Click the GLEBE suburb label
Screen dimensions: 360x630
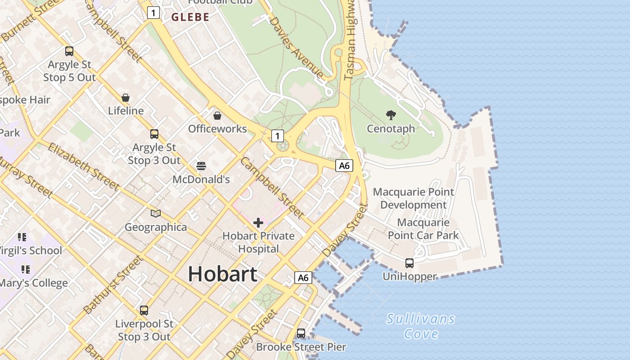click(x=190, y=17)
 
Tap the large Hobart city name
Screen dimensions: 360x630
click(x=223, y=274)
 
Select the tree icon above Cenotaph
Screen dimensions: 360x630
click(x=391, y=115)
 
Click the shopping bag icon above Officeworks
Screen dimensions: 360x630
click(x=217, y=116)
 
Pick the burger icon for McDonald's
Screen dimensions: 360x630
click(x=201, y=166)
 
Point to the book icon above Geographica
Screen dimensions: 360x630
click(x=156, y=213)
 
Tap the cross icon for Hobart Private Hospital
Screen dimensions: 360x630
click(x=258, y=223)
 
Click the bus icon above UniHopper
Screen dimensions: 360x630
click(x=409, y=263)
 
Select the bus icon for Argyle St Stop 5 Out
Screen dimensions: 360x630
click(x=69, y=51)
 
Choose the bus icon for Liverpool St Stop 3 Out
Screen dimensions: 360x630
click(x=144, y=310)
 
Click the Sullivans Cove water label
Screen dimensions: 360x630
click(x=421, y=326)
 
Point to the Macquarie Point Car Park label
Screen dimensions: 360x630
click(x=423, y=229)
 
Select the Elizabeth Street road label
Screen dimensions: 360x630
click(x=83, y=166)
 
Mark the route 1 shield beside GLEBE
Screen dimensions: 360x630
click(x=153, y=13)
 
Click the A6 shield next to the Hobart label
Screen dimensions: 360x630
click(x=303, y=278)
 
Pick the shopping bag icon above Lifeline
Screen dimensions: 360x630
click(x=126, y=98)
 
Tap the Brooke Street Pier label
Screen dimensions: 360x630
click(x=301, y=347)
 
